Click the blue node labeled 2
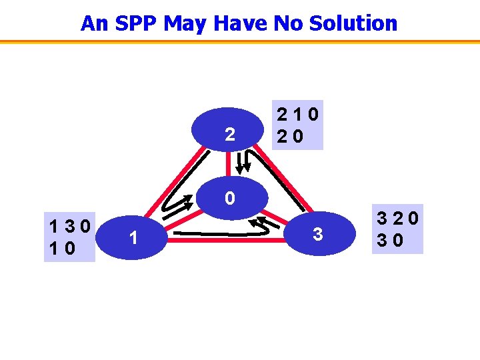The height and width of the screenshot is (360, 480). tap(229, 134)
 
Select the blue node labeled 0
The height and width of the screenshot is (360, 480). tap(229, 198)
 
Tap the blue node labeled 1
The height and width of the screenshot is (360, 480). tap(134, 237)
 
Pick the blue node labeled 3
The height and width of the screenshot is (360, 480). tap(318, 234)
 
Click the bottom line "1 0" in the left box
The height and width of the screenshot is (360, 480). tap(62, 247)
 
